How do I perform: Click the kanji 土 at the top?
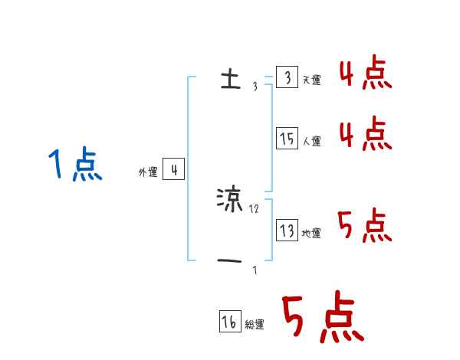pyautogui.click(x=229, y=80)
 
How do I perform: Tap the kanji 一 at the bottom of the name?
pyautogui.click(x=230, y=260)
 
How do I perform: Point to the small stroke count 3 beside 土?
pyautogui.click(x=255, y=87)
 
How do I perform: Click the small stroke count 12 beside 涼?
pyautogui.click(x=255, y=208)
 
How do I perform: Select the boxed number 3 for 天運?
pyautogui.click(x=286, y=78)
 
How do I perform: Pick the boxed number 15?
pyautogui.click(x=286, y=139)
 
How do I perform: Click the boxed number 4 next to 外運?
pyautogui.click(x=173, y=170)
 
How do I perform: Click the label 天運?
pyautogui.click(x=311, y=80)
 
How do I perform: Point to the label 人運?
pyautogui.click(x=311, y=141)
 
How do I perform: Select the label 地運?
pyautogui.click(x=311, y=233)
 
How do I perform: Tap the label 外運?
pyautogui.click(x=147, y=172)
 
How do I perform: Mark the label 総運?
pyautogui.click(x=255, y=325)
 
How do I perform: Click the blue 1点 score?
pyautogui.click(x=74, y=165)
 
